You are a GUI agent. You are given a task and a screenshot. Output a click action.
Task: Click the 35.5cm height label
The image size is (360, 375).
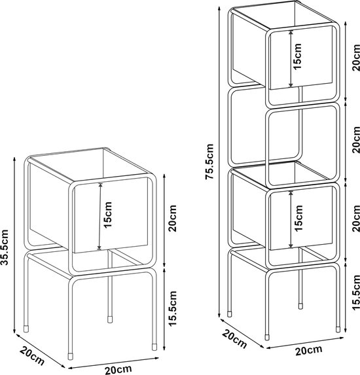coord(5,247)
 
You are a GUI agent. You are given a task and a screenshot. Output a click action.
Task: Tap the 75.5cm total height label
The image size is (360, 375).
coord(209,162)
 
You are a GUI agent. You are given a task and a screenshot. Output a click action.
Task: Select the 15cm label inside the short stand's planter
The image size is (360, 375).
coord(108,215)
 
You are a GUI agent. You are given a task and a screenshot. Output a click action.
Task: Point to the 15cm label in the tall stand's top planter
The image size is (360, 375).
coord(298,56)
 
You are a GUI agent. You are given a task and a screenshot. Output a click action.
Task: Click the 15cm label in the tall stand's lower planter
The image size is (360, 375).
coord(298,218)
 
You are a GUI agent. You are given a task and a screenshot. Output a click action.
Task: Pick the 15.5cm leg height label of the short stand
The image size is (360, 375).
coord(172,308)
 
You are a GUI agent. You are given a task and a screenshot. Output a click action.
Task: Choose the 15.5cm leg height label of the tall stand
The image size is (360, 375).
coord(356,293)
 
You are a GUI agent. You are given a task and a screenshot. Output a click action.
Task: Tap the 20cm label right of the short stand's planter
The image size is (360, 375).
coord(172,218)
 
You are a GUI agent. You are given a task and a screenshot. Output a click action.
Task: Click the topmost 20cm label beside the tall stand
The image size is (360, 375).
coord(356,58)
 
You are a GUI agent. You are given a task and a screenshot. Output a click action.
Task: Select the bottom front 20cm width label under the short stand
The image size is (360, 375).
coord(118,370)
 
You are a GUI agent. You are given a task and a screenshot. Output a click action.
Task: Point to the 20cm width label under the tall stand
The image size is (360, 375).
coord(308,351)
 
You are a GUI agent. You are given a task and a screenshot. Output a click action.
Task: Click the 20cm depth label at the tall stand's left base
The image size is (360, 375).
coord(234,339)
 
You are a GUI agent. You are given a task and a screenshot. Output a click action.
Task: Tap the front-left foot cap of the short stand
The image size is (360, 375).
coord(71,356)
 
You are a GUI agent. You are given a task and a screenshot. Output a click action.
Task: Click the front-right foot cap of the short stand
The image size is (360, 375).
coord(154,347)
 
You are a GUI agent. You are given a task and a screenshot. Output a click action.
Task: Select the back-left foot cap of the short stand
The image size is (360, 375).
coord(26,328)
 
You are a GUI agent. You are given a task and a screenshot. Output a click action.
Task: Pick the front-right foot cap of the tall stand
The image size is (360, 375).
coord(338,329)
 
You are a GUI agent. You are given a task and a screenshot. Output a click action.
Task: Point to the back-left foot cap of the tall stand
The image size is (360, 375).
coord(230,314)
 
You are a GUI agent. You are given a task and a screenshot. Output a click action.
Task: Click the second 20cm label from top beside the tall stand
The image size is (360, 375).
coord(356,140)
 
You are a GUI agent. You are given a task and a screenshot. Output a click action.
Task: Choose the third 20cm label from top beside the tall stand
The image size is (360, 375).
coord(356,219)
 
